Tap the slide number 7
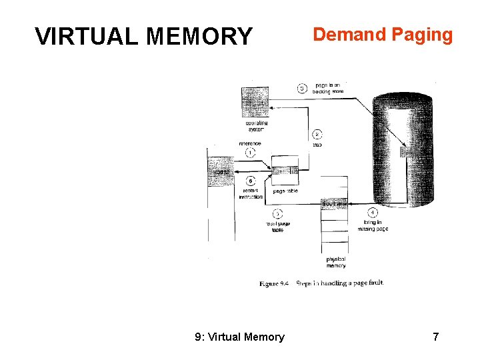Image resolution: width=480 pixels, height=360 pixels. (x=435, y=337)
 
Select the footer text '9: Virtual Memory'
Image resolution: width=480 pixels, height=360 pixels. (x=239, y=337)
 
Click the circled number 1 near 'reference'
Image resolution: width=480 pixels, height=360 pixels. (x=250, y=153)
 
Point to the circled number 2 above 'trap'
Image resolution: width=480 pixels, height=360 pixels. (x=317, y=133)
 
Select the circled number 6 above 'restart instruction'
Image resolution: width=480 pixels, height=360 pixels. (x=250, y=181)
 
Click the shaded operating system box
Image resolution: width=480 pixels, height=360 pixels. (x=255, y=102)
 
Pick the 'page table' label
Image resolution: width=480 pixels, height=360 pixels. (x=285, y=191)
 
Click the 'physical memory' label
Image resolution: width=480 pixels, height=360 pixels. (x=335, y=262)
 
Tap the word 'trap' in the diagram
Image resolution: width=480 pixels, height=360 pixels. (x=317, y=144)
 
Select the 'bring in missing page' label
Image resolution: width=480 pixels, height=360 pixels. (x=373, y=225)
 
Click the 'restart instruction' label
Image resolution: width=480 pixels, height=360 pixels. (x=251, y=194)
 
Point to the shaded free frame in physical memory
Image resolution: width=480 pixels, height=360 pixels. (x=335, y=203)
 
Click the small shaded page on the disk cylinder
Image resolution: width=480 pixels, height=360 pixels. (x=405, y=153)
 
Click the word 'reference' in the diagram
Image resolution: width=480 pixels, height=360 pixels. (x=250, y=143)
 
